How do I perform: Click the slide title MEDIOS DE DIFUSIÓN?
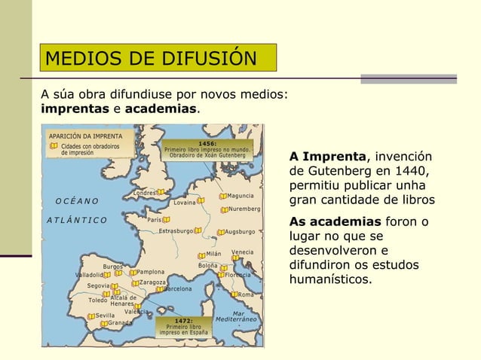151,58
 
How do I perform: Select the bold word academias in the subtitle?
161,109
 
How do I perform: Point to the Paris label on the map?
155,220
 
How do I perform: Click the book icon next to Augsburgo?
221,232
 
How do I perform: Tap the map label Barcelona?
179,288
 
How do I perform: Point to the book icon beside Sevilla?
90,316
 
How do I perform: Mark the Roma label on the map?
246,295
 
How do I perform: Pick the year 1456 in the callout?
207,142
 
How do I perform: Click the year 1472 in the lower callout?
183,320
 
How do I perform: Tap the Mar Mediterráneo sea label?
237,316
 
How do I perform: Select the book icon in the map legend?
54,146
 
